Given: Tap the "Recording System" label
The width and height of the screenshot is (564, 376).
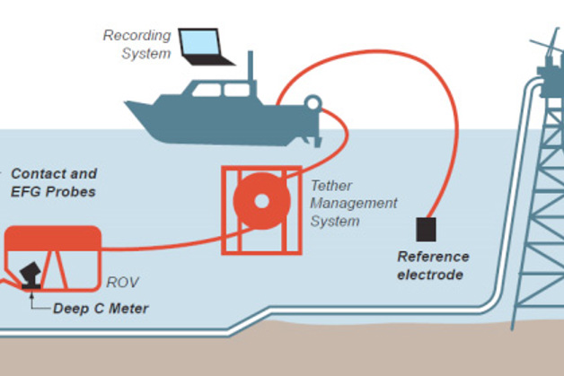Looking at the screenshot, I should click(137, 45).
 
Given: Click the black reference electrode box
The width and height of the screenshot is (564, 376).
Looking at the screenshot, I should click(426, 230).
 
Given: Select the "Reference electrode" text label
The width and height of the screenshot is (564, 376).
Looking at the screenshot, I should click(434, 265).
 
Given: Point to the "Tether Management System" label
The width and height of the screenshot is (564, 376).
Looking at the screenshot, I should click(353, 203).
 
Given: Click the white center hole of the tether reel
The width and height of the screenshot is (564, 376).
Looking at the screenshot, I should click(261, 200).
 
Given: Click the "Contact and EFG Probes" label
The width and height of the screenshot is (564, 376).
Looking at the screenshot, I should click(54, 182).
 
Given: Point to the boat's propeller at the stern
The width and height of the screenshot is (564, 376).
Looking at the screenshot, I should click(316, 136).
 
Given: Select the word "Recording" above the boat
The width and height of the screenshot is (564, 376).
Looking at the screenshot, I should click(137, 36).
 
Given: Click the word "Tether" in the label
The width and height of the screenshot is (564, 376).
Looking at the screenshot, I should click(330, 186).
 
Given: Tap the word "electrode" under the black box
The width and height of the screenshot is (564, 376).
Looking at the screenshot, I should click(434, 274).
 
